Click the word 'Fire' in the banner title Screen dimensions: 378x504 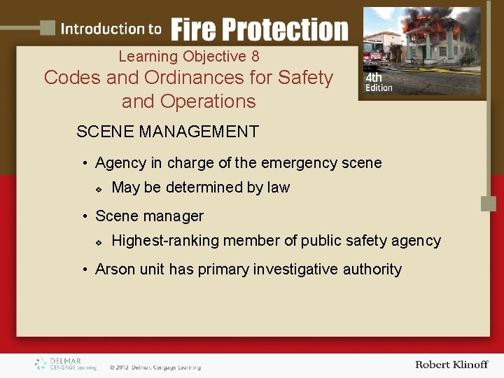pos(194,30)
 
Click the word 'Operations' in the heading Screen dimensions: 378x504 pos(208,101)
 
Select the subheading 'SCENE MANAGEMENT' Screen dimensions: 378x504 pos(167,132)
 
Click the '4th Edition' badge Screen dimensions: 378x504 pos(379,83)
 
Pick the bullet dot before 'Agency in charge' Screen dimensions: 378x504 pos(84,164)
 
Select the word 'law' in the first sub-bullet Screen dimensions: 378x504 pos(278,188)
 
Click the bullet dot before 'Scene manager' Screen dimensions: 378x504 pos(84,217)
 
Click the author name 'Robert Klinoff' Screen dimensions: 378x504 pos(451,365)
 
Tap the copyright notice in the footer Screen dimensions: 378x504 pos(155,367)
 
